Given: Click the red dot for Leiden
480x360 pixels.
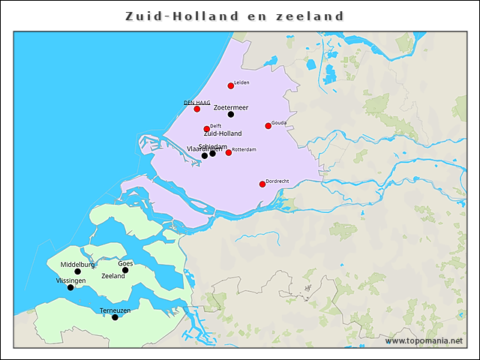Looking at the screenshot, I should click(231, 86).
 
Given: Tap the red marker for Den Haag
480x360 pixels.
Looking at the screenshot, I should click(197, 109).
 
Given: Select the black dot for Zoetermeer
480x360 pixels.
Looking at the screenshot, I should click(231, 115).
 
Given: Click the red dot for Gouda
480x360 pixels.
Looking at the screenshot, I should click(268, 126).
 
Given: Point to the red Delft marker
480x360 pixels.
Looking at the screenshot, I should click(207, 129).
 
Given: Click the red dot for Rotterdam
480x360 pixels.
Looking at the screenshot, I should click(229, 153).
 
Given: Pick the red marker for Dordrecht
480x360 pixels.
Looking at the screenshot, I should click(262, 184).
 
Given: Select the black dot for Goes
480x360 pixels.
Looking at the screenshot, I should click(125, 270).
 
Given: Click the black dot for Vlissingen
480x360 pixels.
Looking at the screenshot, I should click(70, 287).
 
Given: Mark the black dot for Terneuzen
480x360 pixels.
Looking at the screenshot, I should click(115, 317).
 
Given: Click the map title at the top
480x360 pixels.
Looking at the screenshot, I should click(235, 16).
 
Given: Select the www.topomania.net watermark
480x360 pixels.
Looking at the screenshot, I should click(424, 341).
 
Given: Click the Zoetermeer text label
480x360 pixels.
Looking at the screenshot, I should click(231, 107).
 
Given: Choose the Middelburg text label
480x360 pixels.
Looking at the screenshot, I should click(77, 265).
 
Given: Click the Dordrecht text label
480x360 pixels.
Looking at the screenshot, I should click(277, 181).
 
